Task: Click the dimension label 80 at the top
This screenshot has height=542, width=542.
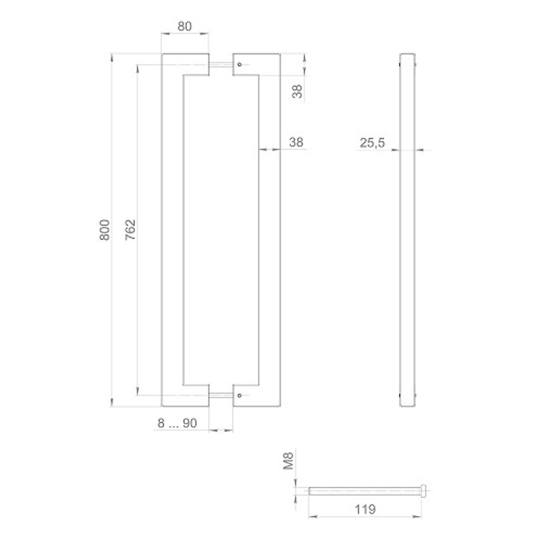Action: coord(185,25)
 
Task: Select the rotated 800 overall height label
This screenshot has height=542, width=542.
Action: coord(106,230)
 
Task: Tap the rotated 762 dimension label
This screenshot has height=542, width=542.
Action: coord(130,230)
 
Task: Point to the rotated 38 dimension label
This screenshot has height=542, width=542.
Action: coord(296,90)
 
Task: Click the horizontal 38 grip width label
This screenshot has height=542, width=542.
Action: coord(296,142)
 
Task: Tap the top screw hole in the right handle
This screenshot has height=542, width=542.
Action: coord(239,65)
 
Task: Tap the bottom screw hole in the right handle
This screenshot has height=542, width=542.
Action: coord(239,395)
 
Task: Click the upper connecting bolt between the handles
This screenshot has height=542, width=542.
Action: coord(221,65)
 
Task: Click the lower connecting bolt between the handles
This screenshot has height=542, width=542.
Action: coord(221,395)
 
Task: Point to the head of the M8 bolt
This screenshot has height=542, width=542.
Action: coord(424,492)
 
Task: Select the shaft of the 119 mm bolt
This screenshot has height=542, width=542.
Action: coord(363,492)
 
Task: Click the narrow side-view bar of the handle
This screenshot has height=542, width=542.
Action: coord(408,230)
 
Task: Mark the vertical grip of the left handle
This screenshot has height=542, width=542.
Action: coord(173,230)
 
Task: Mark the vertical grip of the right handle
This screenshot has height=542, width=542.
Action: coord(269,230)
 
